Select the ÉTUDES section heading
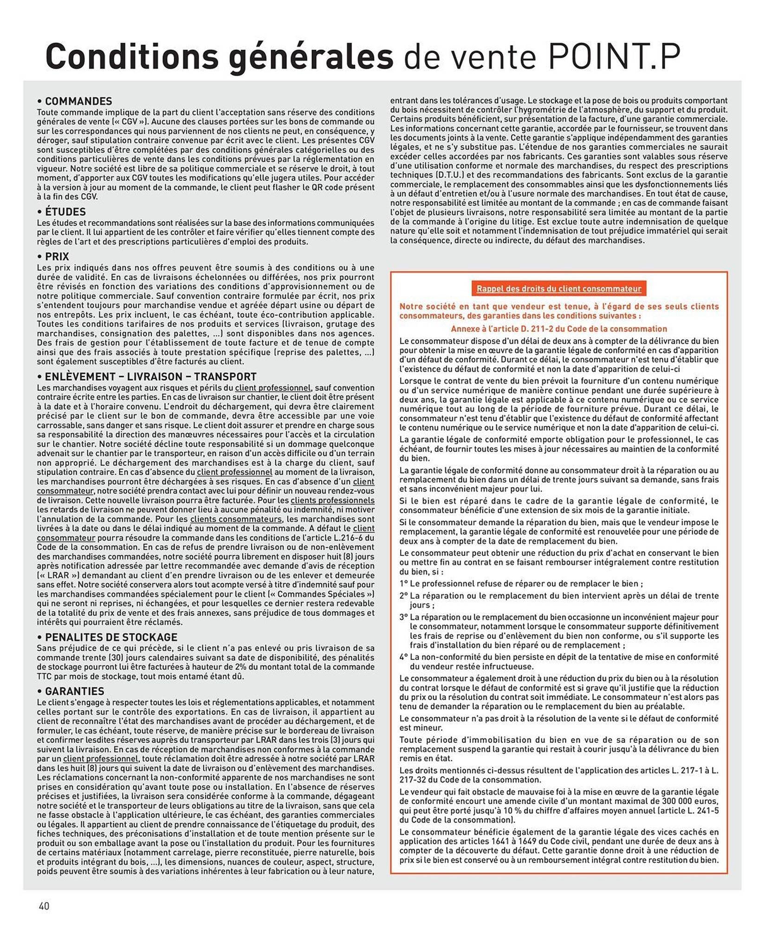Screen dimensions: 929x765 [x=65, y=212]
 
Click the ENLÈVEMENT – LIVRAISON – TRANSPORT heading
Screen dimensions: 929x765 [x=150, y=377]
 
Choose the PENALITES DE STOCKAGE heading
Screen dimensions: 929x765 [x=111, y=637]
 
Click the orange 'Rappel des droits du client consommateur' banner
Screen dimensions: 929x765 [x=558, y=288]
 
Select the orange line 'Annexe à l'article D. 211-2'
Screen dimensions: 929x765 [x=558, y=329]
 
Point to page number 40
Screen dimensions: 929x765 [x=44, y=906]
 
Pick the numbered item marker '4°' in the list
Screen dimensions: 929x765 [x=403, y=657]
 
